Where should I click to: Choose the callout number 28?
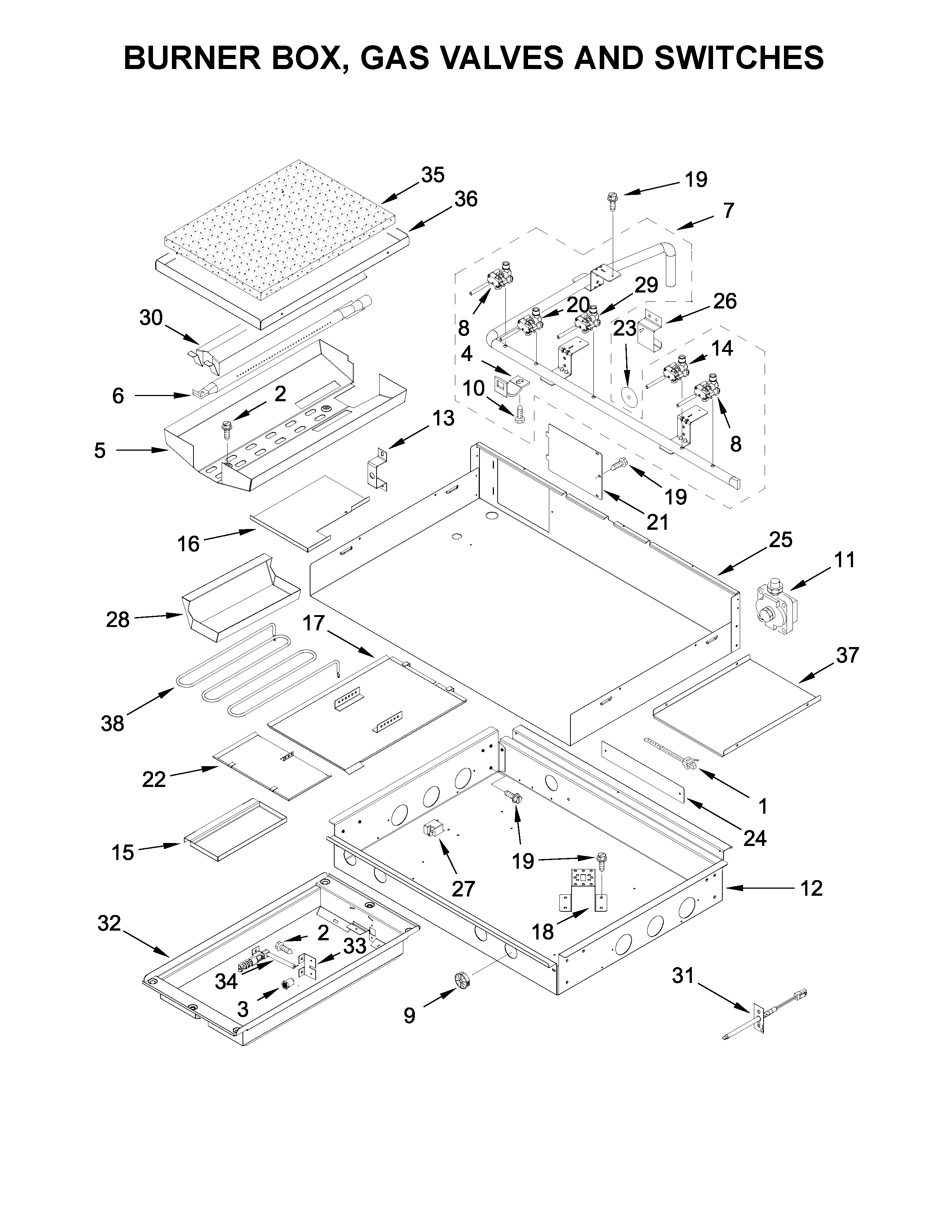tap(118, 620)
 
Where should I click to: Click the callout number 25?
tap(780, 540)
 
